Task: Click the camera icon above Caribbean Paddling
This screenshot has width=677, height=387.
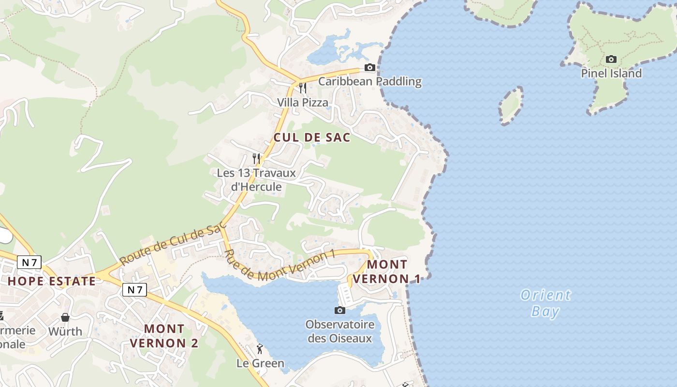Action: point(370,68)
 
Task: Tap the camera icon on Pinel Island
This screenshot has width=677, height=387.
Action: point(611,60)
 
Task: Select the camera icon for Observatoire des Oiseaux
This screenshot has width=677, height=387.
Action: point(340,310)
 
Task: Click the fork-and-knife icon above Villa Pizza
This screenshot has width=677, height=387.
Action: point(303,88)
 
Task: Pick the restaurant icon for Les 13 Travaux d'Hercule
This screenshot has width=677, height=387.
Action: point(257,158)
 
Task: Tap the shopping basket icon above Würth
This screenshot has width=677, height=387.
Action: point(65,317)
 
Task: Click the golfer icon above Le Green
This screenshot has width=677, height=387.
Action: point(260,349)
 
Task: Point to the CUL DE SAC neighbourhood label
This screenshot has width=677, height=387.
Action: point(312,137)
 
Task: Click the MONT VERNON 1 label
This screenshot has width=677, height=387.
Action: point(387,271)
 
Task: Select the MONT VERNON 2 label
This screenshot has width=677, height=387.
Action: point(164,336)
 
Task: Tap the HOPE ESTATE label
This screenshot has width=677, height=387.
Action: point(52,281)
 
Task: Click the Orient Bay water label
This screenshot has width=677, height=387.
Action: point(545,303)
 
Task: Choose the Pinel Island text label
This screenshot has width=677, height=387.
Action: point(611,74)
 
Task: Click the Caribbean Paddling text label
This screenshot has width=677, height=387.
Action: point(370,81)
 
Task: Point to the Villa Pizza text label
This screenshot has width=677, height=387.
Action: point(303,103)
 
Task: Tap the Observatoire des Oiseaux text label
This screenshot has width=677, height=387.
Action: point(340,331)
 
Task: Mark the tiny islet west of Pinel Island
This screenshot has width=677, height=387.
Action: point(511,105)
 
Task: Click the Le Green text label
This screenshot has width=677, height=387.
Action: point(260,363)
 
